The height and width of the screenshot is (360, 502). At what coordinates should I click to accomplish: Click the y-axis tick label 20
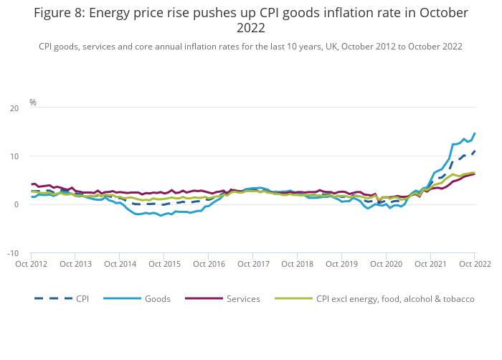tap(14, 108)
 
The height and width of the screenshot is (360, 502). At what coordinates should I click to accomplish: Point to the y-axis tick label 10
tap(14, 156)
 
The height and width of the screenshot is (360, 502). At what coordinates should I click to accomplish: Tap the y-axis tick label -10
tap(13, 253)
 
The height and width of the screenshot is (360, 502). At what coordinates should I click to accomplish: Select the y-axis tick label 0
tap(16, 205)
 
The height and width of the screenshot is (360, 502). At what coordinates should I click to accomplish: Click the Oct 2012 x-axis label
tap(31, 264)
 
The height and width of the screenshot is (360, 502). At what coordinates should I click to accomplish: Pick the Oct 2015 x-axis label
tap(164, 264)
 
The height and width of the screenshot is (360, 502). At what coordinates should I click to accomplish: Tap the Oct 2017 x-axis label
tap(252, 264)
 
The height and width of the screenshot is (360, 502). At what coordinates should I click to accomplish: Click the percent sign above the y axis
tap(33, 103)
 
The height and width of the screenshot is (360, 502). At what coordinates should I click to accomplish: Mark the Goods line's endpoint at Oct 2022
tap(474, 133)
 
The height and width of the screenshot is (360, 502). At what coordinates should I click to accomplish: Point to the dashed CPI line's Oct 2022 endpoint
tap(474, 151)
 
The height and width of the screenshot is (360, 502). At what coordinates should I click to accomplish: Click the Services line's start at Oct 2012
tap(32, 184)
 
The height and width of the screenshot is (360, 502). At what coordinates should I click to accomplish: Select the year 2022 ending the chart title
tap(250, 28)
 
